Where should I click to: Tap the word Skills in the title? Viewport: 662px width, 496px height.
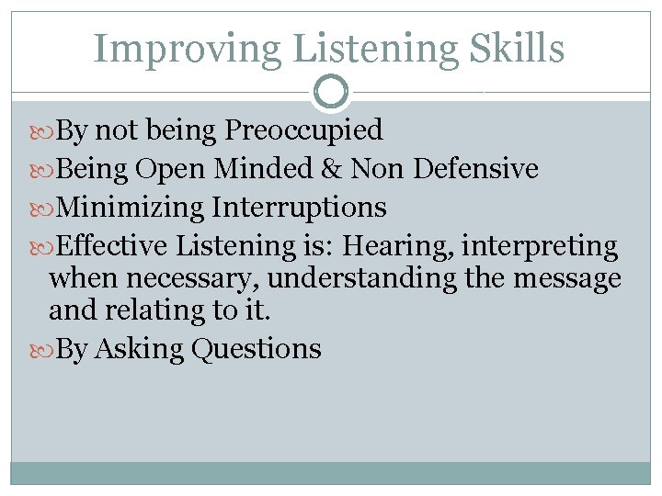pyautogui.click(x=519, y=48)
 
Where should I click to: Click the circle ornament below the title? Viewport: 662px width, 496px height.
pyautogui.click(x=331, y=91)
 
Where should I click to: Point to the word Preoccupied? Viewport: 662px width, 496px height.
pyautogui.click(x=303, y=131)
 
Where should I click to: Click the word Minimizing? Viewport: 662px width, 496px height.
pyautogui.click(x=130, y=208)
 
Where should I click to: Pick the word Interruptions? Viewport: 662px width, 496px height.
pyautogui.click(x=299, y=208)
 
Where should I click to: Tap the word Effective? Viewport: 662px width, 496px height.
pyautogui.click(x=113, y=246)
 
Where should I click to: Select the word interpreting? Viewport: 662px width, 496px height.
pyautogui.click(x=540, y=246)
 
